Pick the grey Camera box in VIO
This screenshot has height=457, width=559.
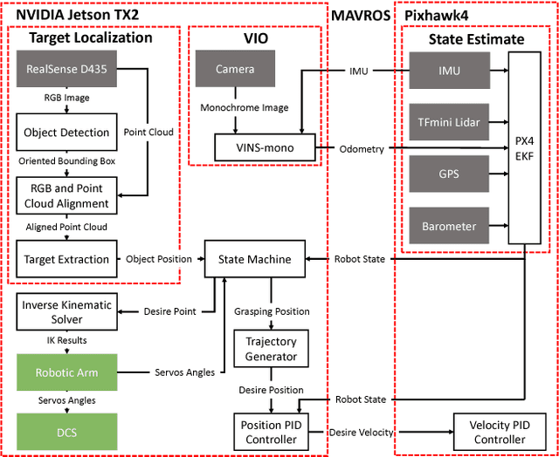click(x=235, y=68)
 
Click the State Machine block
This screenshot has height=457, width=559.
click(x=254, y=259)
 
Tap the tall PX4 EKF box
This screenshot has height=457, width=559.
click(x=525, y=148)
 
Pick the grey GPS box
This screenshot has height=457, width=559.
click(x=450, y=173)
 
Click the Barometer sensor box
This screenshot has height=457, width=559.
click(x=450, y=226)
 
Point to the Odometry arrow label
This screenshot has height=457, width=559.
click(x=361, y=149)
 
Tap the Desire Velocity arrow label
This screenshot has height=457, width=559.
click(x=361, y=432)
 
